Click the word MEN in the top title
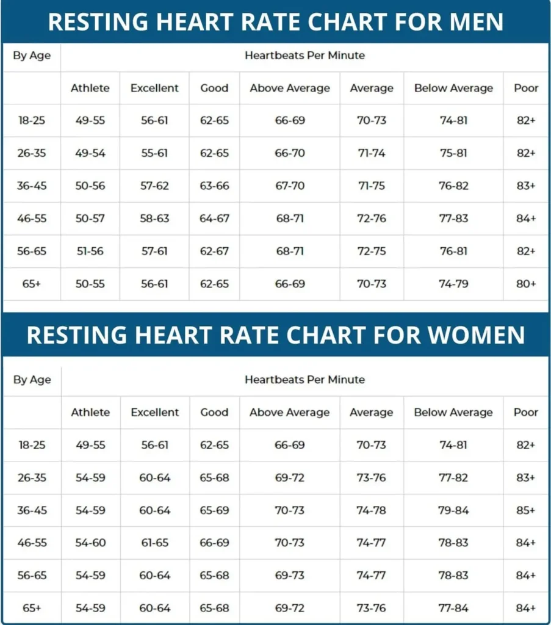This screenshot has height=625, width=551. pyautogui.click(x=470, y=22)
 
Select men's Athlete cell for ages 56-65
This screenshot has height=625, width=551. pyautogui.click(x=90, y=251)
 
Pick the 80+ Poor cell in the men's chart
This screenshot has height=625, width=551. pyautogui.click(x=526, y=284)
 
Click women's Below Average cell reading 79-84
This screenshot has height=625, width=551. pyautogui.click(x=453, y=510)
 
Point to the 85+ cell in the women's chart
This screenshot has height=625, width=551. pyautogui.click(x=526, y=510)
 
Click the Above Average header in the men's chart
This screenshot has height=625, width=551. pyautogui.click(x=290, y=88)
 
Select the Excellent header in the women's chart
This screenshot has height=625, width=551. pyautogui.click(x=155, y=412)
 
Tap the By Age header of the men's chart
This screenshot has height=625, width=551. pyautogui.click(x=32, y=56)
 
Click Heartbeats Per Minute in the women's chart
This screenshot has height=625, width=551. pyautogui.click(x=304, y=380)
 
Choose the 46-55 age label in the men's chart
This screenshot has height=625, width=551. pyautogui.click(x=32, y=219)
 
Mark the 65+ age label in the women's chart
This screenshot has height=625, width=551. pyautogui.click(x=32, y=608)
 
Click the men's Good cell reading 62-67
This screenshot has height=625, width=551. pyautogui.click(x=214, y=251)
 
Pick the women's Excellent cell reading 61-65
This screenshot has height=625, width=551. pyautogui.click(x=155, y=543)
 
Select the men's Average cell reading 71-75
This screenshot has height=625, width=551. pyautogui.click(x=371, y=186)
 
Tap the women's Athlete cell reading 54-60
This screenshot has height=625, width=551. pyautogui.click(x=90, y=543)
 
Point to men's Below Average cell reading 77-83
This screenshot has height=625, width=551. pyautogui.click(x=453, y=219)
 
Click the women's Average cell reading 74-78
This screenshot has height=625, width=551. pyautogui.click(x=371, y=510)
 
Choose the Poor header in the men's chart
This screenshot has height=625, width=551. pyautogui.click(x=526, y=88)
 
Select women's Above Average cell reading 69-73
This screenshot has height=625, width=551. pyautogui.click(x=290, y=576)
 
